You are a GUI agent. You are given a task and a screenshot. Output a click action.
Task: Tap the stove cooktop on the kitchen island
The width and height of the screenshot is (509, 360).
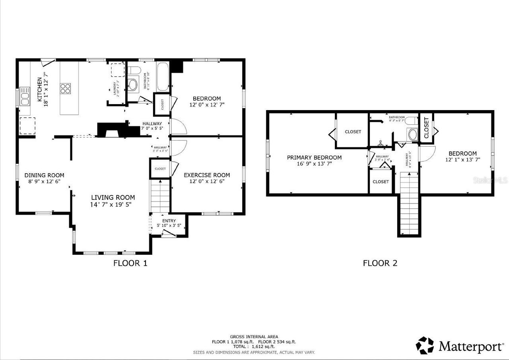(66, 88)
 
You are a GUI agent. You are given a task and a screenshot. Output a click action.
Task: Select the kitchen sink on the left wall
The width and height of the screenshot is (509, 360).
(25, 97)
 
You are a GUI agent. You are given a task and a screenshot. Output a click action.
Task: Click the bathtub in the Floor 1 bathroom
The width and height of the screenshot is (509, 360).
(163, 77)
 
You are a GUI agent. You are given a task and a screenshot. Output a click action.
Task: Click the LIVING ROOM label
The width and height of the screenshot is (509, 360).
(113, 197)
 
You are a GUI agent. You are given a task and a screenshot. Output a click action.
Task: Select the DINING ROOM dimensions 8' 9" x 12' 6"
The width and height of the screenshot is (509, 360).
(44, 182)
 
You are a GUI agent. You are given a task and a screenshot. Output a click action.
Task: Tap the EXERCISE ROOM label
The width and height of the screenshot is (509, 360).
(207, 175)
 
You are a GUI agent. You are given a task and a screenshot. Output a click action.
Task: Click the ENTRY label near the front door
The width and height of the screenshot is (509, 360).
(169, 221)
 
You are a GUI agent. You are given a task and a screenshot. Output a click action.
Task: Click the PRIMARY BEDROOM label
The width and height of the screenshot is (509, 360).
(314, 157)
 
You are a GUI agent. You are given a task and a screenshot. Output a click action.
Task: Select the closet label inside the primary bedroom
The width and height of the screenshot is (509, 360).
(353, 132)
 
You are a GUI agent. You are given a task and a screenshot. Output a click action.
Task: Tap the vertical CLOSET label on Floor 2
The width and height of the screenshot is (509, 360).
(426, 128)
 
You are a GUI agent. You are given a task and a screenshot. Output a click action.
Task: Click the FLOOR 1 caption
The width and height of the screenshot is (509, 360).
(130, 263)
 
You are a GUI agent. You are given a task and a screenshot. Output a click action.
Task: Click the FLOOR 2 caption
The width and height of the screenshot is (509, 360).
(380, 263)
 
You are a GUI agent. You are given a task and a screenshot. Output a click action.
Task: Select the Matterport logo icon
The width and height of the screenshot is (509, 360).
(425, 345)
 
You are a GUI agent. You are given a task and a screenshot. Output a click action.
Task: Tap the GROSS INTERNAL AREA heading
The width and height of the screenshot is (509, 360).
(254, 337)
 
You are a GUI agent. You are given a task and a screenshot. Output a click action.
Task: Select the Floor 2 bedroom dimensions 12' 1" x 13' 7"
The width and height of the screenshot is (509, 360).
(462, 160)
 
